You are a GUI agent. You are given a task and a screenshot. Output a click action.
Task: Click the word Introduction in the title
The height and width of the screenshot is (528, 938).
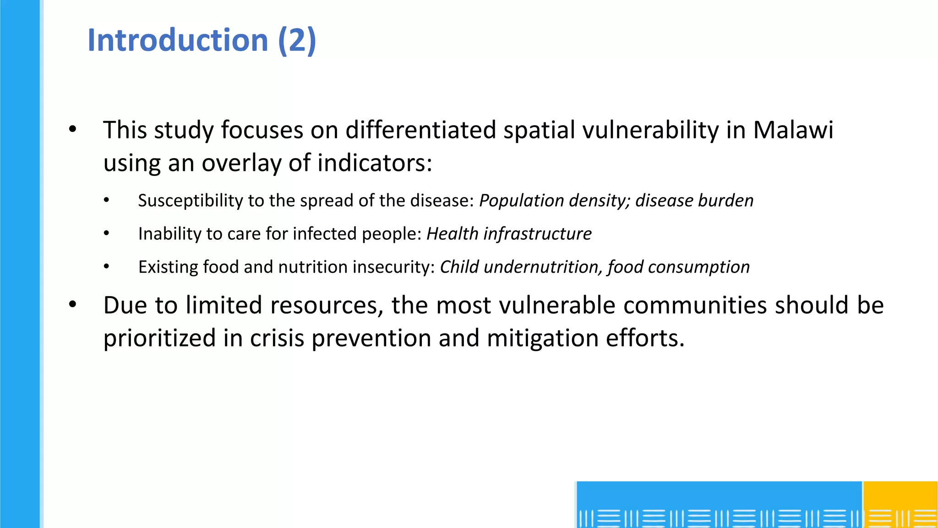click(178, 40)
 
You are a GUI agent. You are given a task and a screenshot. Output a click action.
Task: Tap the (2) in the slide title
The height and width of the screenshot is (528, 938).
click(297, 40)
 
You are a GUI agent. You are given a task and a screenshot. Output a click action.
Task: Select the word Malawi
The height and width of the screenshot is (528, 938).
click(793, 130)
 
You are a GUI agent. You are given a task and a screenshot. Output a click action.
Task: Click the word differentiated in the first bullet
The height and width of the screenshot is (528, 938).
click(420, 130)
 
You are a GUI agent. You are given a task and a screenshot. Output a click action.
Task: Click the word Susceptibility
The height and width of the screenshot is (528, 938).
click(191, 201)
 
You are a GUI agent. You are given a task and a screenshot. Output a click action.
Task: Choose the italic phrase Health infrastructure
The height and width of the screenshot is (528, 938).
click(509, 234)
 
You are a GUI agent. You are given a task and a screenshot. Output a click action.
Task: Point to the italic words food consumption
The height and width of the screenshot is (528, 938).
click(679, 267)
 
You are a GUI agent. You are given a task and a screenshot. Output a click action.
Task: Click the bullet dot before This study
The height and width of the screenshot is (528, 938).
click(72, 130)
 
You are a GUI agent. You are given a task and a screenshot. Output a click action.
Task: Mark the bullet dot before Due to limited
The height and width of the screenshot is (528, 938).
click(72, 305)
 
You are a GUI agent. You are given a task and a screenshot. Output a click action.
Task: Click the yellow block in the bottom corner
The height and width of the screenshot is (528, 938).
click(900, 504)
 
